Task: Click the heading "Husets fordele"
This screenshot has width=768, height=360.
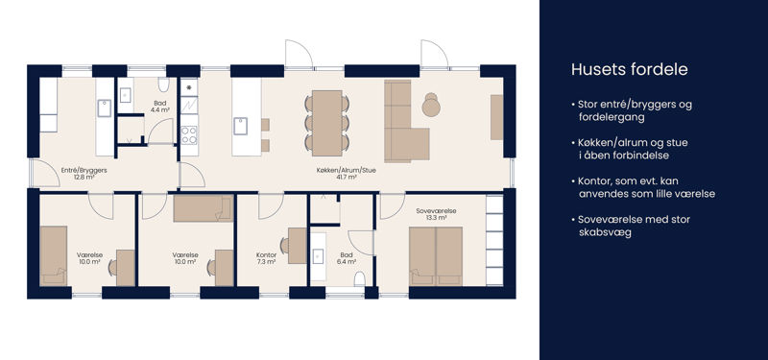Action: pyautogui.click(x=630, y=69)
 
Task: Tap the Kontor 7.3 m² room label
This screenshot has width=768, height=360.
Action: pyautogui.click(x=267, y=258)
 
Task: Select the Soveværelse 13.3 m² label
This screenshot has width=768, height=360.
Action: pyautogui.click(x=437, y=214)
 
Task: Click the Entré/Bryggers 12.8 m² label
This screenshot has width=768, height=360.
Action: pyautogui.click(x=84, y=174)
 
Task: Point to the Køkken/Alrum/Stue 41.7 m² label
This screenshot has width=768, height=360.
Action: pyautogui.click(x=347, y=174)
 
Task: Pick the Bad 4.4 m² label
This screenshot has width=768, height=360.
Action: pyautogui.click(x=160, y=107)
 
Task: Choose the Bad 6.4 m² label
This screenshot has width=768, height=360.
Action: pyautogui.click(x=347, y=258)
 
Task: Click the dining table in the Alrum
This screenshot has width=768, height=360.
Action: pyautogui.click(x=327, y=123)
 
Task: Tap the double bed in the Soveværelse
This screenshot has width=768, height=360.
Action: pyautogui.click(x=436, y=255)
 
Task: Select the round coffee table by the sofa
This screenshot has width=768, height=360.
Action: pyautogui.click(x=431, y=106)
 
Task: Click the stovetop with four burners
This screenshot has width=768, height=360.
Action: pyautogui.click(x=189, y=134)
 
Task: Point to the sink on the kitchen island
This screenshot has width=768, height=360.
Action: pyautogui.click(x=241, y=126)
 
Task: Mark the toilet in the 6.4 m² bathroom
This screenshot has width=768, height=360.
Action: pyautogui.click(x=360, y=278)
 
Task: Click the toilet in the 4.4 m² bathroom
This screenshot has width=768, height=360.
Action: pyautogui.click(x=163, y=84)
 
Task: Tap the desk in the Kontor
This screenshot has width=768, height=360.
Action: pyautogui.click(x=298, y=246)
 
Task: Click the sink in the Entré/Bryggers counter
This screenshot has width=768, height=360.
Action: pyautogui.click(x=104, y=108)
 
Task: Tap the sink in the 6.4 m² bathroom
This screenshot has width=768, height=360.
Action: pyautogui.click(x=319, y=255)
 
